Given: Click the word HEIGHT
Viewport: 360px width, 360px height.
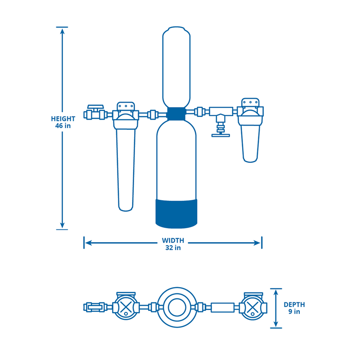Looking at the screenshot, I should (63, 119).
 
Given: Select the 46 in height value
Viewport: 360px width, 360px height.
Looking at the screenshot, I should (63, 126).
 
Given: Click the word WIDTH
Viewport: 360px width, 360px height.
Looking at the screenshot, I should (173, 240).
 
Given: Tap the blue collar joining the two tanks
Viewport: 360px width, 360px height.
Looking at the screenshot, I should (176, 113).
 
